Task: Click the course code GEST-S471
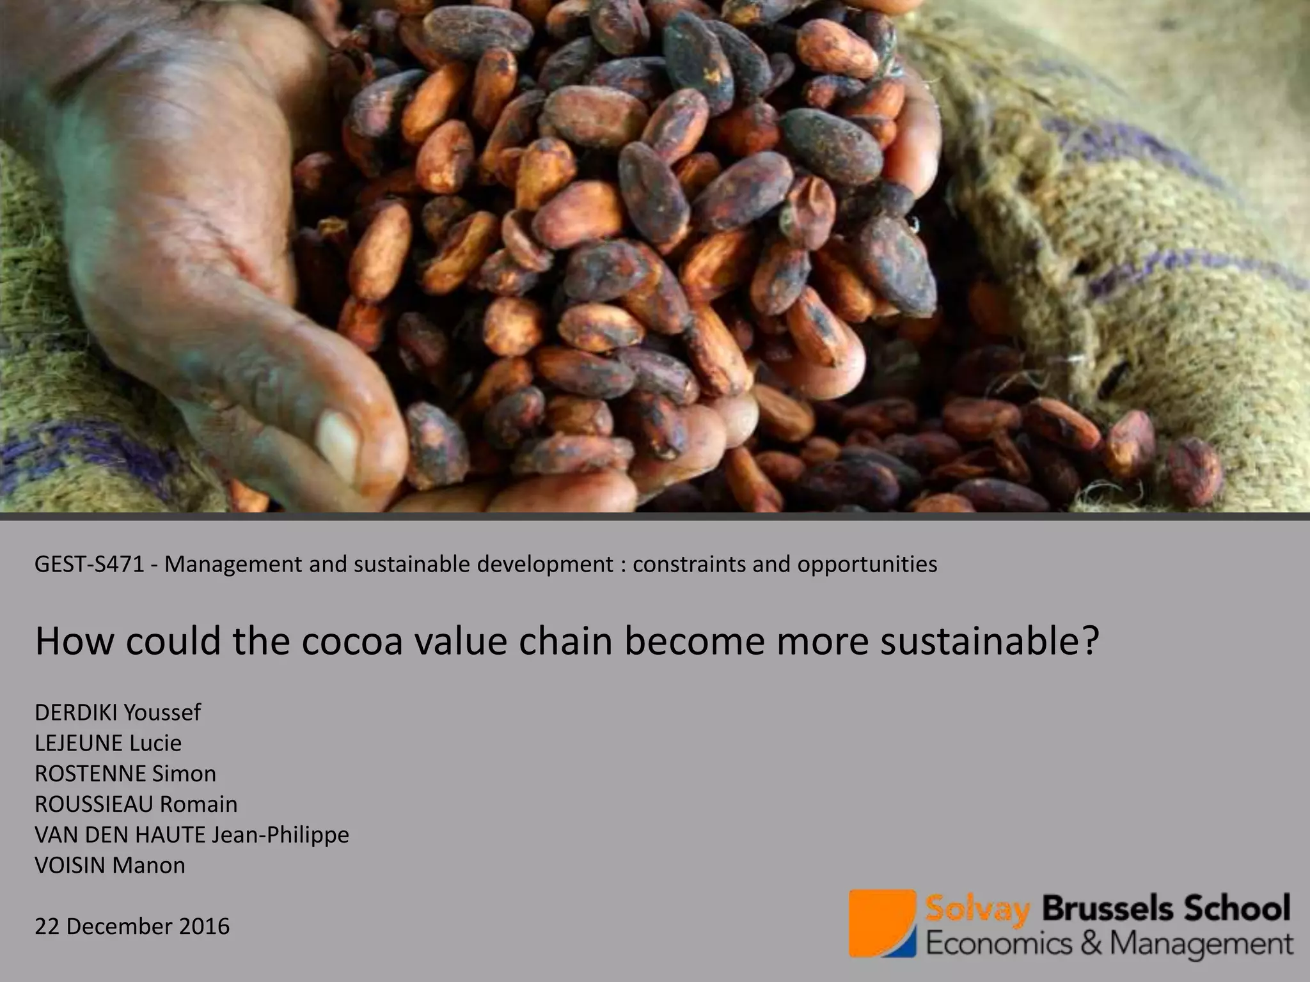pyautogui.click(x=90, y=565)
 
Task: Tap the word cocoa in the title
pyautogui.click(x=352, y=641)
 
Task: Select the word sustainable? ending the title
pyautogui.click(x=990, y=641)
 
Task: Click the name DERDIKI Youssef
pyautogui.click(x=118, y=712)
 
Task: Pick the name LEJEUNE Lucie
pyautogui.click(x=108, y=743)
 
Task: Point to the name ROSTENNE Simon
pyautogui.click(x=125, y=774)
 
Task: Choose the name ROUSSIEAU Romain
pyautogui.click(x=136, y=804)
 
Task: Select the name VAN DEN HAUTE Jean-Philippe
pyautogui.click(x=192, y=835)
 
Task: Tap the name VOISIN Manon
pyautogui.click(x=110, y=866)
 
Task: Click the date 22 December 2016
pyautogui.click(x=132, y=926)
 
